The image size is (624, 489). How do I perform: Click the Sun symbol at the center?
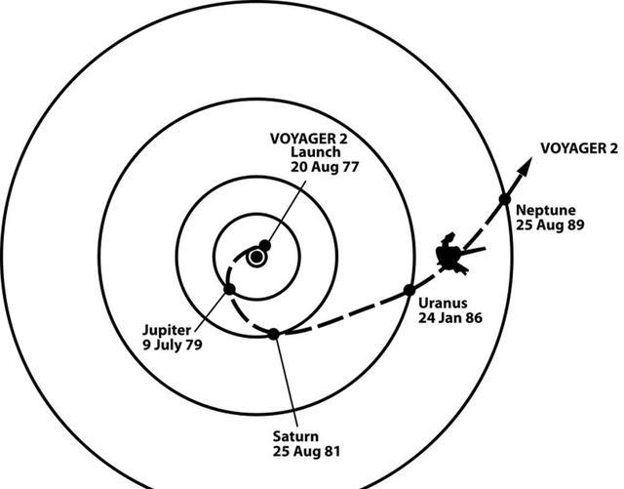click(x=256, y=258)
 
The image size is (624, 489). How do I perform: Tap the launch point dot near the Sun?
click(x=264, y=246)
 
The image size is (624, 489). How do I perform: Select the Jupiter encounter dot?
click(x=230, y=289)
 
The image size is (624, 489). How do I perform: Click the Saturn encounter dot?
click(x=273, y=334)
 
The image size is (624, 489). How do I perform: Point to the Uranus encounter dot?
click(x=409, y=290)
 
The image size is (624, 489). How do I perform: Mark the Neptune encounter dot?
click(x=505, y=198)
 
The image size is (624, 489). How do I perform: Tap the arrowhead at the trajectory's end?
click(x=526, y=167)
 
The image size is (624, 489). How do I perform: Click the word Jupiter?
click(x=167, y=330)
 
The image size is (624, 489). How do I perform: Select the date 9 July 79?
click(x=173, y=345)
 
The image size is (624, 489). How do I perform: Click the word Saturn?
click(x=295, y=436)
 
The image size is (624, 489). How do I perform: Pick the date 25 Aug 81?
click(x=306, y=452)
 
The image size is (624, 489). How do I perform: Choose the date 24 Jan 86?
click(x=450, y=318)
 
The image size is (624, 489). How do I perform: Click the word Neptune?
click(x=546, y=211)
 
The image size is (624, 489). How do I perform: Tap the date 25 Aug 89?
click(x=550, y=225)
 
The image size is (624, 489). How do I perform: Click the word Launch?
click(x=316, y=152)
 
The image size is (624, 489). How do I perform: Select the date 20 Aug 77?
click(x=325, y=167)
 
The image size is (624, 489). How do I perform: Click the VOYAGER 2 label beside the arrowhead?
click(x=579, y=148)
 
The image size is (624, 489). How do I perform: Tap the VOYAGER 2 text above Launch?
click(x=309, y=139)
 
